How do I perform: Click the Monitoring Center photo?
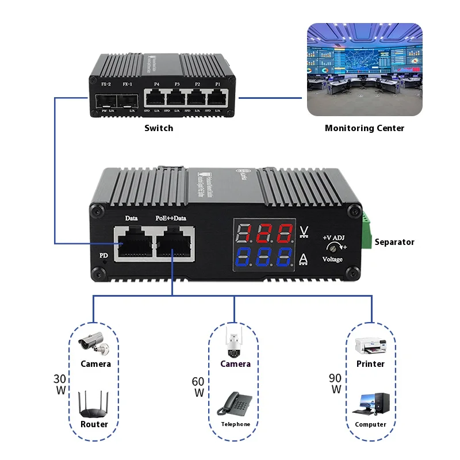coord(363,69)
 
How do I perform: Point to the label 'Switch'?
coord(159,128)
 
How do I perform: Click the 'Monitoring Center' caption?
coord(364,128)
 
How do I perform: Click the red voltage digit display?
coord(265,235)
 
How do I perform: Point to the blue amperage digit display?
coord(265,259)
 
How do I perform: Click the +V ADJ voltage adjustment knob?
coord(332,248)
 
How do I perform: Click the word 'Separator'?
coord(394,242)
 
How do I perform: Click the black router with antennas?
coord(94,405)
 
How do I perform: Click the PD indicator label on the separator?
coord(103,253)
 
